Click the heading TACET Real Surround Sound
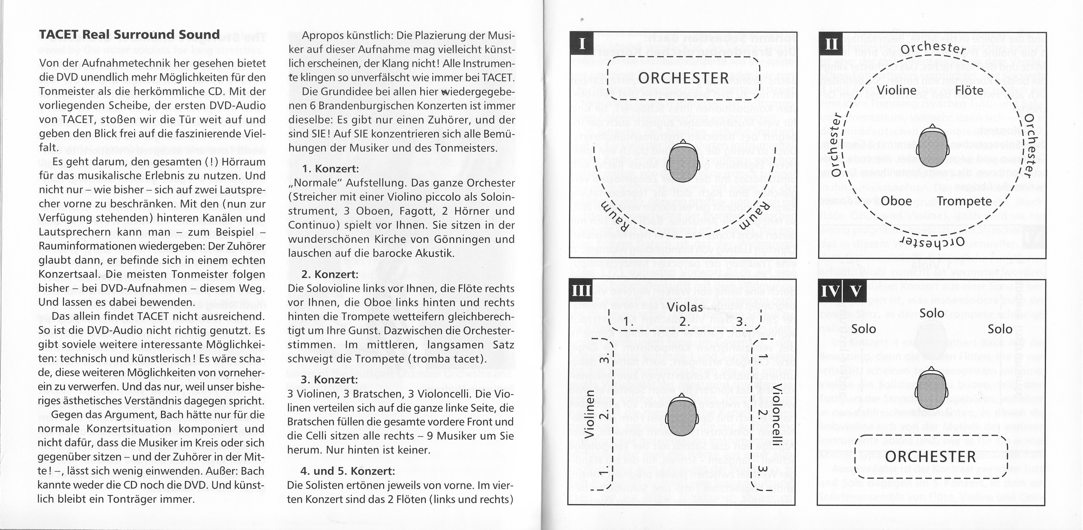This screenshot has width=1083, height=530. click(x=129, y=34)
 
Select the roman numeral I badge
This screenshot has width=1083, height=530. click(x=582, y=43)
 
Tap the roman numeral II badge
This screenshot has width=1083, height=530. click(x=831, y=43)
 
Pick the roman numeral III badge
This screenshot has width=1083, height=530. click(x=581, y=290)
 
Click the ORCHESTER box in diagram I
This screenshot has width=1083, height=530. click(x=684, y=78)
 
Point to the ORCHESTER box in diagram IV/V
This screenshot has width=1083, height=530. click(x=931, y=457)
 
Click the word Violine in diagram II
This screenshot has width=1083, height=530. click(x=897, y=90)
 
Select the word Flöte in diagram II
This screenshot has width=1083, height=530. click(x=969, y=90)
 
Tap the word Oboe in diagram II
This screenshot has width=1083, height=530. click(x=896, y=201)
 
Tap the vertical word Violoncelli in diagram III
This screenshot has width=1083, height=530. click(x=777, y=414)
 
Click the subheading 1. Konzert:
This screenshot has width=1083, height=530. click(x=330, y=169)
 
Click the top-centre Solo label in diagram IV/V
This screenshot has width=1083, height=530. click(x=932, y=313)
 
